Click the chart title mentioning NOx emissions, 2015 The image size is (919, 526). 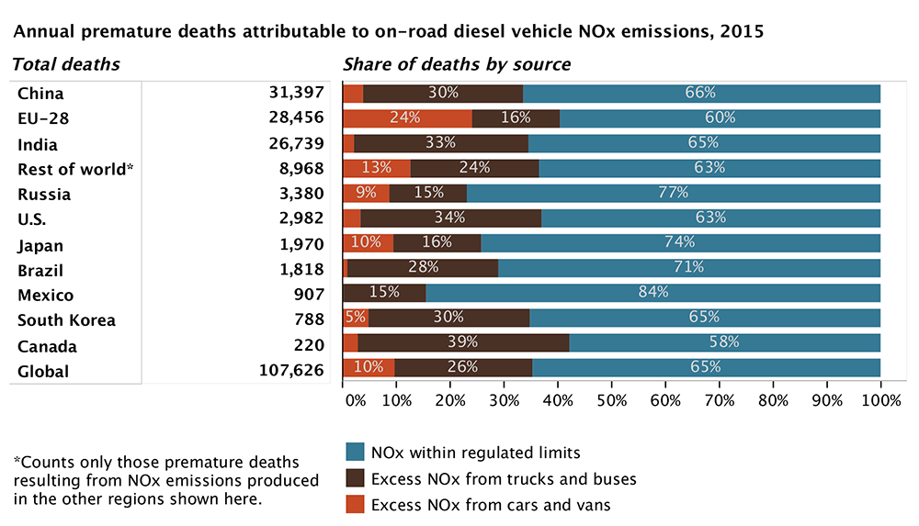coord(387,31)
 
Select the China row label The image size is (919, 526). coord(40,94)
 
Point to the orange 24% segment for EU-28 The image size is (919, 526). coord(407,118)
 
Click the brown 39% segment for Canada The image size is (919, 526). coord(463,342)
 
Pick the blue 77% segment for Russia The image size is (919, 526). coord(674,193)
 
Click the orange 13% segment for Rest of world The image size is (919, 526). coord(377,168)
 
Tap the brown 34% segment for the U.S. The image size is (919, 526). coord(450,218)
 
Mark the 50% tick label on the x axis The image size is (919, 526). coord(611,401)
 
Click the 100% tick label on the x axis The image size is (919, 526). coord(880,401)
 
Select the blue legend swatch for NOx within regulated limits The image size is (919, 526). coord(355,453)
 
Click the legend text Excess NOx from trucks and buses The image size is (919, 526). coord(504,478)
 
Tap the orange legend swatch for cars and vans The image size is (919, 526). coord(355,504)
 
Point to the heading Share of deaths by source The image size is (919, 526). coord(457,64)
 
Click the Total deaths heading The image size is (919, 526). coord(65,64)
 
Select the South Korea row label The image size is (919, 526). coord(66,320)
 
